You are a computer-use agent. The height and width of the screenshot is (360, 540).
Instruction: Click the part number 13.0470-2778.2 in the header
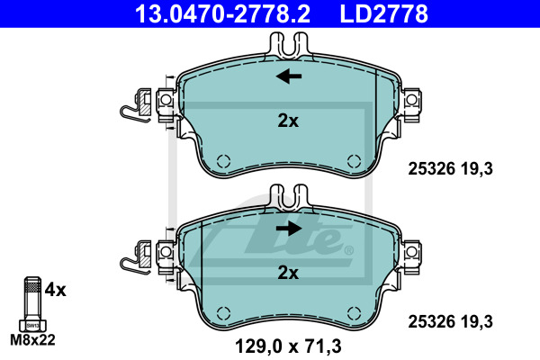(223, 13)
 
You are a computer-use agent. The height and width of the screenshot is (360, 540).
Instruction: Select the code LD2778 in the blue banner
(384, 13)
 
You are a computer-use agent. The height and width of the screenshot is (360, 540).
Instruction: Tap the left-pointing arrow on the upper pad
(289, 76)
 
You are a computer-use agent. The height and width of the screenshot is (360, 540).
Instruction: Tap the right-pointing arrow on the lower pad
(289, 228)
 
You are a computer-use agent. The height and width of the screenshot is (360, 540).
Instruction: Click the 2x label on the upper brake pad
(288, 121)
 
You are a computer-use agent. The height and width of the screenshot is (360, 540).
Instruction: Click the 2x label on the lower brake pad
(288, 273)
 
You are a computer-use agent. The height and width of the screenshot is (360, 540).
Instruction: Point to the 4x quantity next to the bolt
(55, 290)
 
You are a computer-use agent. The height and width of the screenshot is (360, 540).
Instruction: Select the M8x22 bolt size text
(32, 340)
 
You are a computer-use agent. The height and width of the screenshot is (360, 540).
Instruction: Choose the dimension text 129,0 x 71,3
(288, 346)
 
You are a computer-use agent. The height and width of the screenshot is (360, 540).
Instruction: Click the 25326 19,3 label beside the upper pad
(451, 169)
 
